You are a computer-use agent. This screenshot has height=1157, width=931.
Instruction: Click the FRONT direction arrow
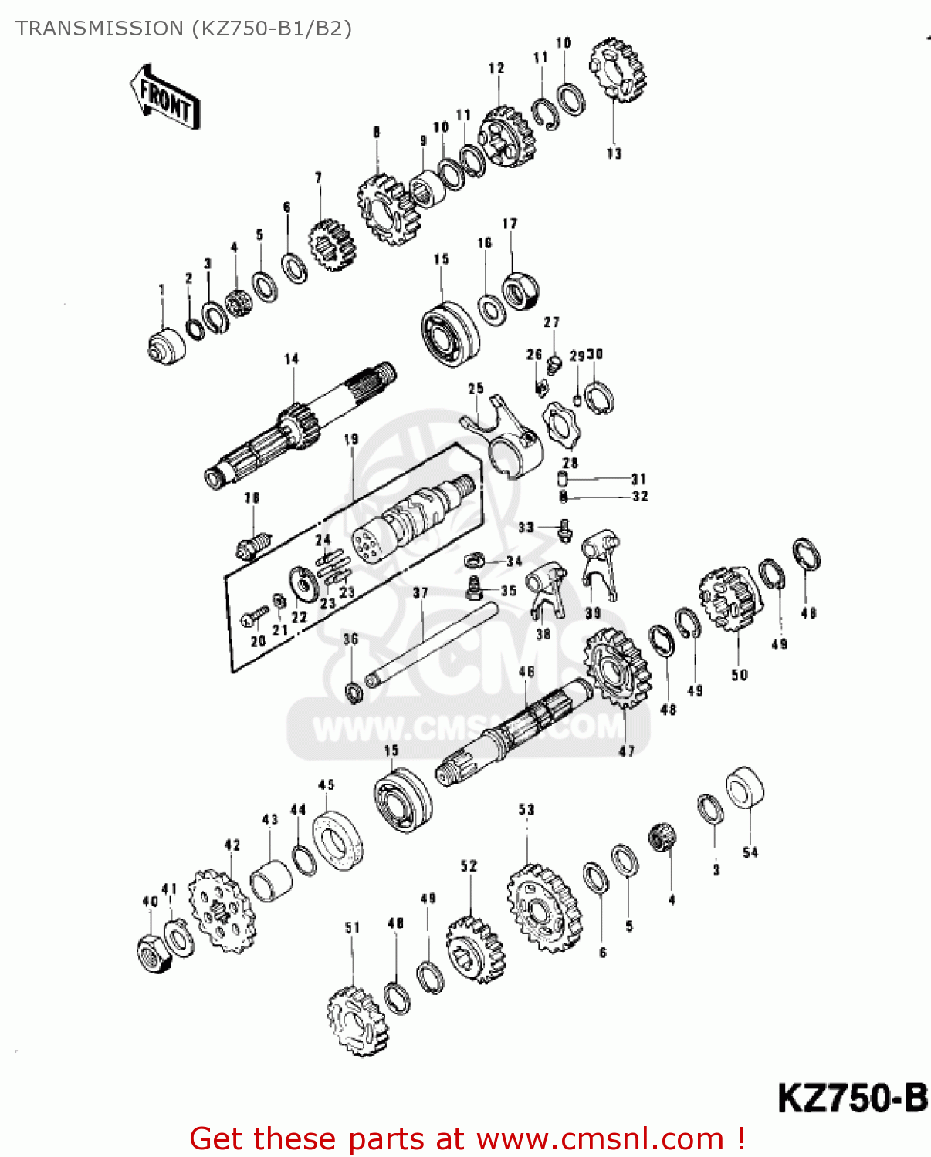(164, 97)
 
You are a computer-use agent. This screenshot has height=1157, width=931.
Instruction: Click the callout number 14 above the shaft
(291, 359)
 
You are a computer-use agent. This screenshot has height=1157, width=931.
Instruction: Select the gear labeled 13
(617, 69)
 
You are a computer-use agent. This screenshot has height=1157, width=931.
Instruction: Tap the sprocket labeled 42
(222, 910)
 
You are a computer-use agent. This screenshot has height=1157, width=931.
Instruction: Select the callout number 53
(526, 809)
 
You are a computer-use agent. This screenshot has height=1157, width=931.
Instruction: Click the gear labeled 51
(356, 1021)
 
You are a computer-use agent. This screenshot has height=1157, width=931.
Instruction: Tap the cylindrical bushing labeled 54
(745, 788)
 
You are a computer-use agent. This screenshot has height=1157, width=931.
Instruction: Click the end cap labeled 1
(166, 346)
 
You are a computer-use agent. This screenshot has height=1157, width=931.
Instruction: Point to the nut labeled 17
(520, 291)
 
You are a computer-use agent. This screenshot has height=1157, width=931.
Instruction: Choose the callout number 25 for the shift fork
(476, 388)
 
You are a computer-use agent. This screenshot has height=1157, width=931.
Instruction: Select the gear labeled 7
(332, 245)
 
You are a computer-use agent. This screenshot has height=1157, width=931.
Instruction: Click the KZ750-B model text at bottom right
(851, 1098)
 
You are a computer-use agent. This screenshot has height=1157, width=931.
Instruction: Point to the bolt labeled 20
(253, 617)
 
